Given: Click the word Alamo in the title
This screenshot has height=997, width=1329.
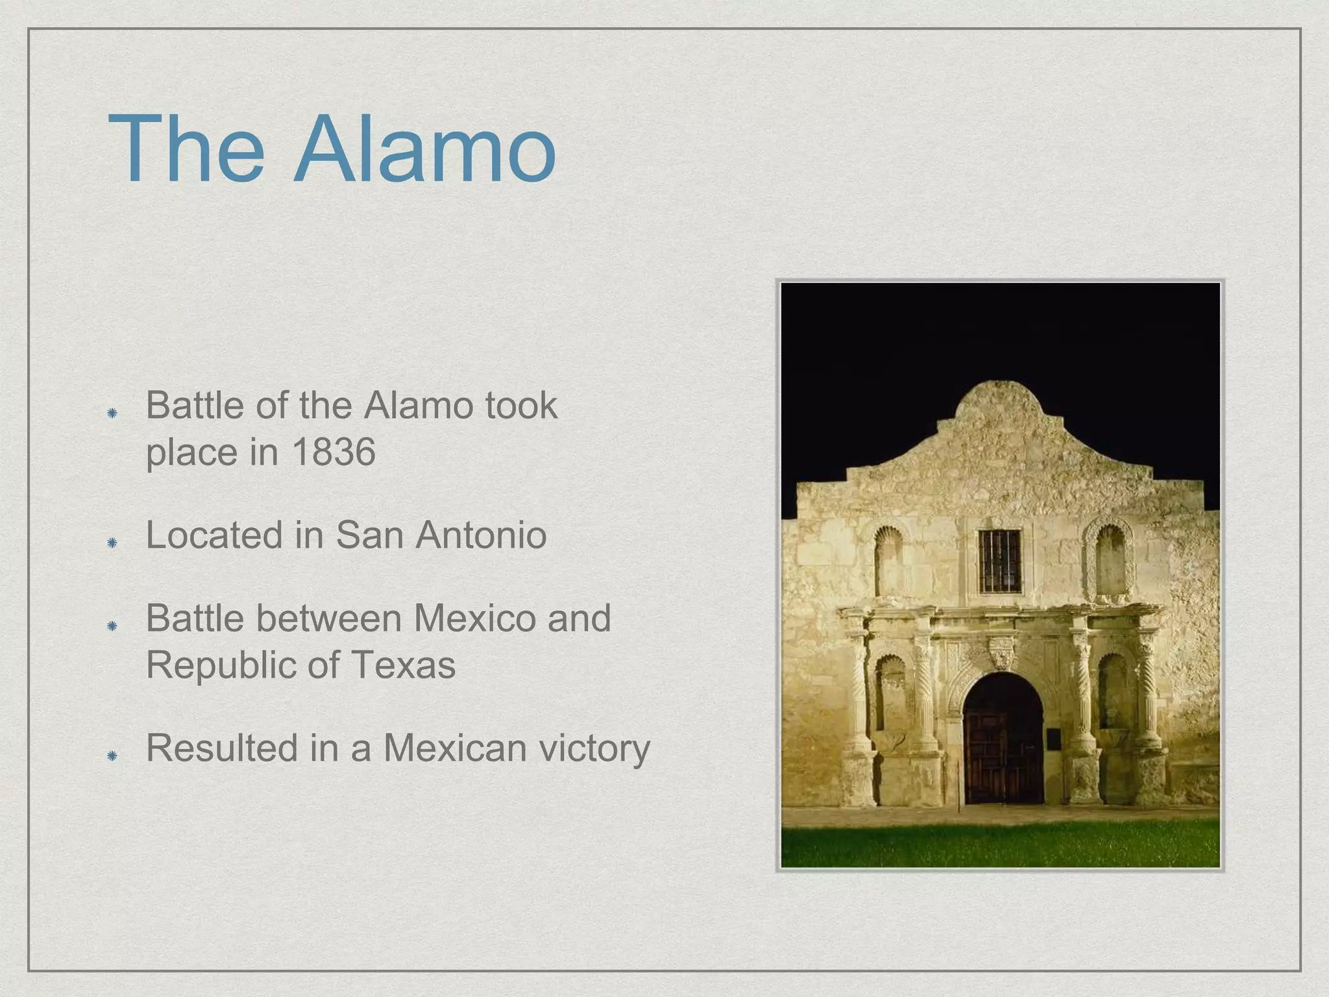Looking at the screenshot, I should coord(425,151).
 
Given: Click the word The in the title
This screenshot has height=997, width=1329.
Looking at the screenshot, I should coord(187,151).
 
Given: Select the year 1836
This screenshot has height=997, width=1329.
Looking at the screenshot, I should coord(334,452).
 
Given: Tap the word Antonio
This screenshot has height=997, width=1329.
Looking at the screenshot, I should coord(481,535).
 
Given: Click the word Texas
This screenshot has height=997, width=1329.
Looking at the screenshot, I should coord(404,665).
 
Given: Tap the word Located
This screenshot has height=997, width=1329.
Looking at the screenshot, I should coord(215,535).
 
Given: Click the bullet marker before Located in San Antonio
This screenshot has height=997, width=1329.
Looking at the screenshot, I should coord(112,542).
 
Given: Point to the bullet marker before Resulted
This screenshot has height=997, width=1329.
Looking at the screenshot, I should coord(112,755).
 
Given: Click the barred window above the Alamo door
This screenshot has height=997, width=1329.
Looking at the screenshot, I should coord(999,561).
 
